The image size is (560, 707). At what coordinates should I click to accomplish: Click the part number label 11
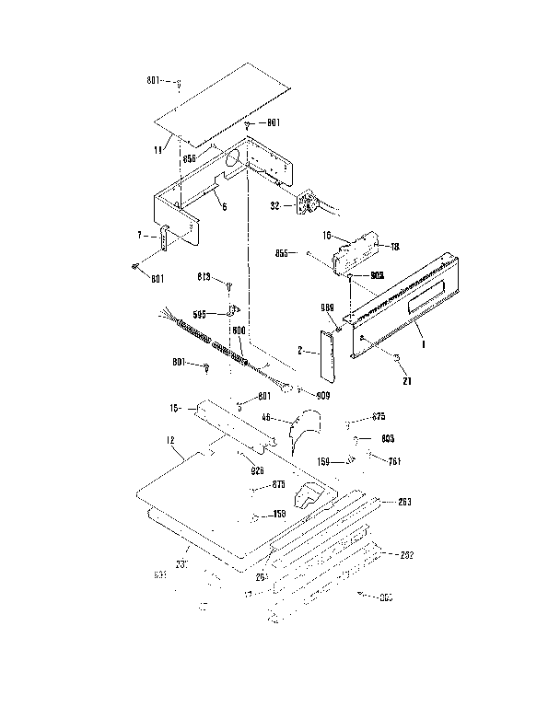coord(158,148)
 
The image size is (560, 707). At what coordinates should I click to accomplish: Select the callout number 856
coord(189,159)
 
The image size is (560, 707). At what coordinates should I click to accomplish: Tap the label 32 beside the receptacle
coord(274,207)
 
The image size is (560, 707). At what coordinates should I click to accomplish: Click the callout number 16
coord(327,236)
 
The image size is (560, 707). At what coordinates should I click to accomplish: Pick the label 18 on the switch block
coord(395,247)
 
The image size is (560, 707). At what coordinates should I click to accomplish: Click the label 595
coord(199,313)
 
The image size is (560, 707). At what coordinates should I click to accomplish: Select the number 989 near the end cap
coord(325,307)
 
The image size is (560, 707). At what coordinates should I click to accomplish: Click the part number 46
coord(266,418)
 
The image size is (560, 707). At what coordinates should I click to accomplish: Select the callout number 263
coord(402,502)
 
